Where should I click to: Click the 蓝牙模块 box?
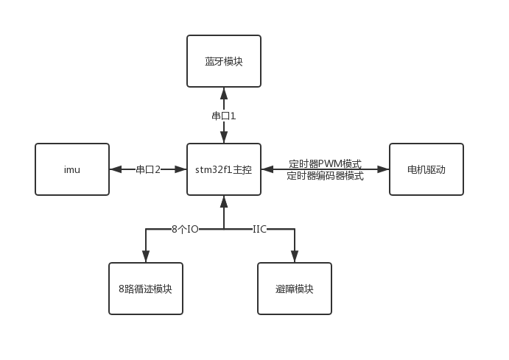[223, 61]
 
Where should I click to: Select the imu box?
[72, 169]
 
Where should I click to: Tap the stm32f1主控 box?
[223, 169]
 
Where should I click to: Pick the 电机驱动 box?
[426, 169]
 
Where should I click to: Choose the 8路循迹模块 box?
[145, 289]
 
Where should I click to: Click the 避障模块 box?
[294, 289]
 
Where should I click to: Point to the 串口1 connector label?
[223, 116]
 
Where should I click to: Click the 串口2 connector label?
[147, 169]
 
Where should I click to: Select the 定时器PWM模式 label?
[325, 163]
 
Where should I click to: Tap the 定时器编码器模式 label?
[325, 175]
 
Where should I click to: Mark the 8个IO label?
[185, 229]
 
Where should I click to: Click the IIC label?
[259, 229]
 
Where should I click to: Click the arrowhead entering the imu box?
[115, 169]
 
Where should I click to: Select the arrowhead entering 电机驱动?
[383, 169]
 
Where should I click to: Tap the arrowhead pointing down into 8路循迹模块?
[145, 257]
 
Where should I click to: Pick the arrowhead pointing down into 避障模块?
[294, 257]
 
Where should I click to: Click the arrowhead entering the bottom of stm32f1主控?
[223, 200]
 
